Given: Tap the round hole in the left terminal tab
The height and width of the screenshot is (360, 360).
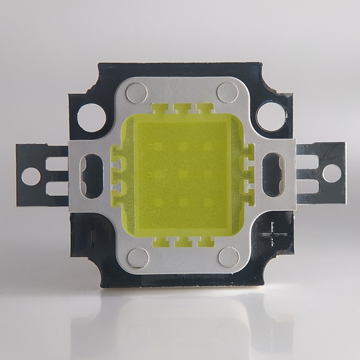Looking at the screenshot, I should pyautogui.click(x=31, y=176).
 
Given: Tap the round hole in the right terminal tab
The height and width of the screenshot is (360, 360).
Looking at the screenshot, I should pyautogui.click(x=332, y=173).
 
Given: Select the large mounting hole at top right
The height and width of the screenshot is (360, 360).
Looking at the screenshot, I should pyautogui.click(x=270, y=115).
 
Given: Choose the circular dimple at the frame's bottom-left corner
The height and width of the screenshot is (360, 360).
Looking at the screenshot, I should pyautogui.click(x=138, y=257).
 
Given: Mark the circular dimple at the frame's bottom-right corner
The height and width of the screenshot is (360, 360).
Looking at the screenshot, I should pyautogui.click(x=229, y=257).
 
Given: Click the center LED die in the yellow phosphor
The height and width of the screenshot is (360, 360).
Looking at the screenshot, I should pyautogui.click(x=182, y=173).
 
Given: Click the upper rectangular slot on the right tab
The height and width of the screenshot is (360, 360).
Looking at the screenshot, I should pyautogui.click(x=307, y=161).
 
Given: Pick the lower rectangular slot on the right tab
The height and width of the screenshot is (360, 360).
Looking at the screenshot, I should pyautogui.click(x=307, y=185).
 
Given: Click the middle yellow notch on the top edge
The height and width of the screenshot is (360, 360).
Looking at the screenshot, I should pyautogui.click(x=183, y=109).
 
